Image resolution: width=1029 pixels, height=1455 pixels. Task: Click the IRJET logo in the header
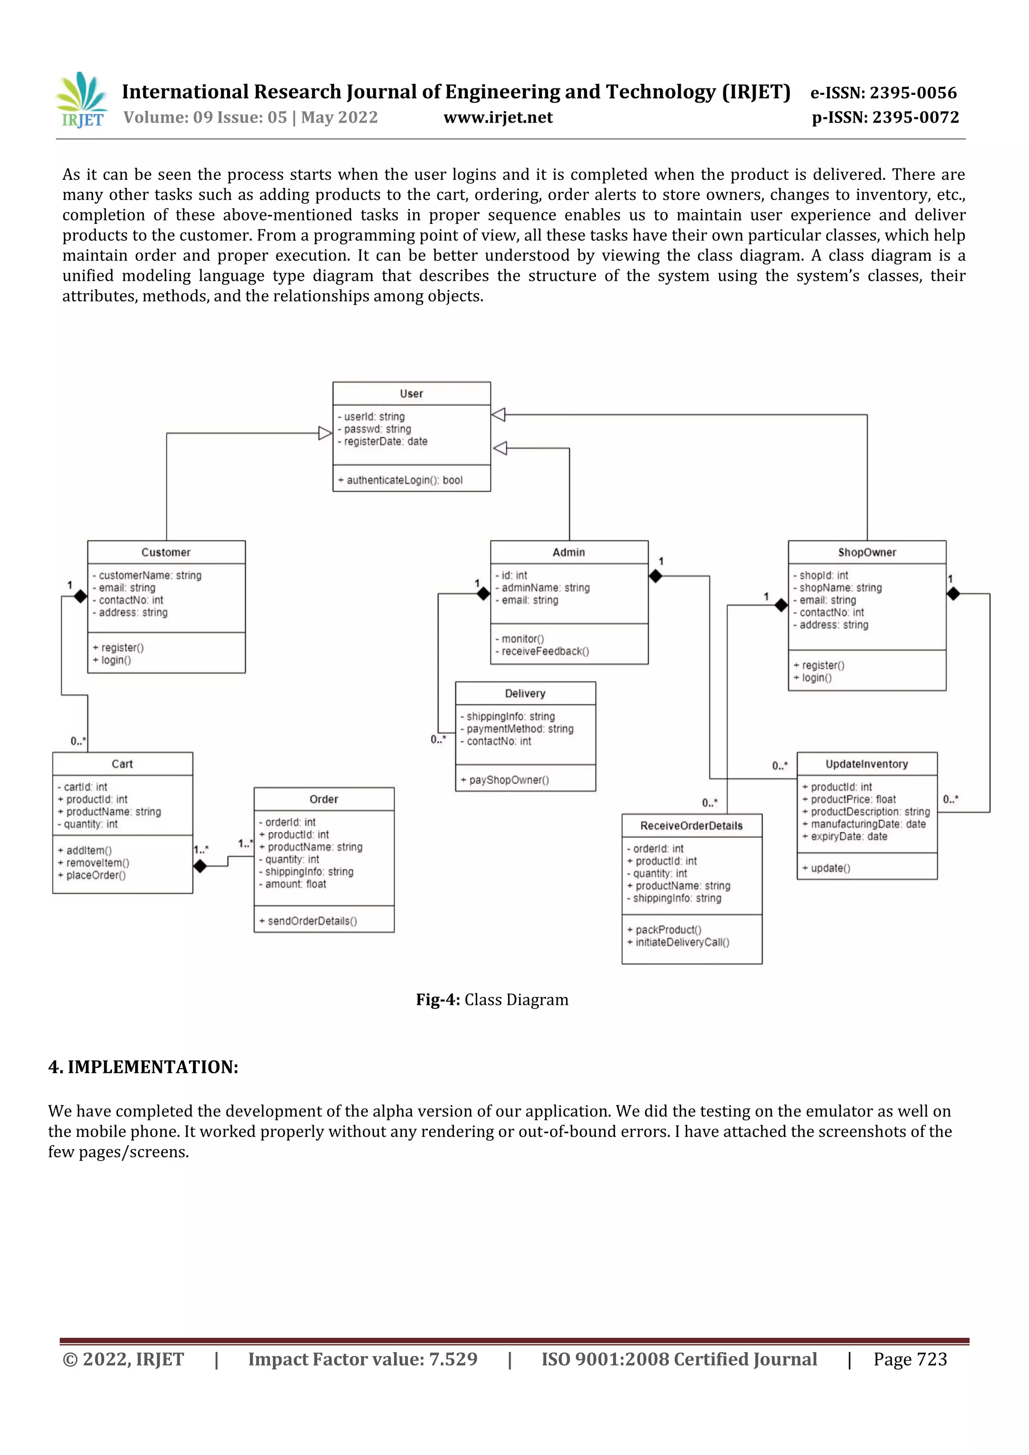pyautogui.click(x=82, y=99)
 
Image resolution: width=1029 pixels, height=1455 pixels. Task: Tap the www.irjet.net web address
pyautogui.click(x=498, y=117)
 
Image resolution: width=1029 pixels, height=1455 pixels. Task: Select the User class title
pyautogui.click(x=411, y=394)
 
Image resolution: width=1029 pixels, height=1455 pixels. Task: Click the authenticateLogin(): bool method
pyautogui.click(x=404, y=480)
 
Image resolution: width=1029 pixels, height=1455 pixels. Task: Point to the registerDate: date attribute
pyautogui.click(x=385, y=441)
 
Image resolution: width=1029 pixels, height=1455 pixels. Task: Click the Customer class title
pyautogui.click(x=166, y=552)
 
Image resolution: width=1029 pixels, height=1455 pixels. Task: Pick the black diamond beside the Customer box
pyautogui.click(x=80, y=596)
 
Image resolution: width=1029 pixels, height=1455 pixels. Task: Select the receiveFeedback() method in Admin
pyautogui.click(x=545, y=651)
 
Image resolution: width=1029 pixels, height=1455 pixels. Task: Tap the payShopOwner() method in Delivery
pyautogui.click(x=508, y=780)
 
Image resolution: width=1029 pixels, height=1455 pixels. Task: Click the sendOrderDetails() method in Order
pyautogui.click(x=312, y=921)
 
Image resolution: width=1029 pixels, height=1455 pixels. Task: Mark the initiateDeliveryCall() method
pyautogui.click(x=682, y=942)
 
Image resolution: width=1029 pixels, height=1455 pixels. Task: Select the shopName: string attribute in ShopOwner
pyautogui.click(x=840, y=588)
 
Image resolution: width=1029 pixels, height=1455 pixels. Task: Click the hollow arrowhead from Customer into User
pyautogui.click(x=325, y=433)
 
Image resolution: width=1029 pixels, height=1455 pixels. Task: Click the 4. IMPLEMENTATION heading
pyautogui.click(x=143, y=1067)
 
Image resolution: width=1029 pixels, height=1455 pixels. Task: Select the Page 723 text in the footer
pyautogui.click(x=910, y=1359)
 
